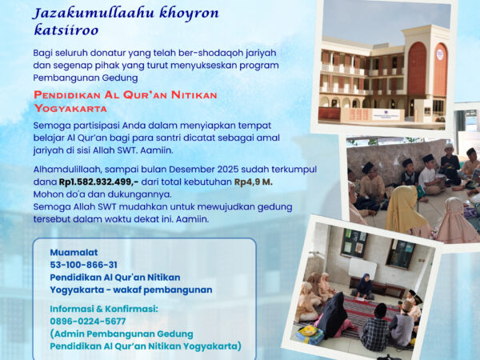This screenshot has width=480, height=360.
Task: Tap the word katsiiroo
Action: pos(66,30)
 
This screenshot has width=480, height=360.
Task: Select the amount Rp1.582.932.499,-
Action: pos(98,182)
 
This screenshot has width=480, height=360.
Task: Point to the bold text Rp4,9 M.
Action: pos(254,182)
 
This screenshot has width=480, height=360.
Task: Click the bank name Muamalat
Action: pos(74,252)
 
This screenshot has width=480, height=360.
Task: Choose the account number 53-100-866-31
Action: pos(83,265)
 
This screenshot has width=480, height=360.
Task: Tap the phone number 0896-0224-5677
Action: pos(88,321)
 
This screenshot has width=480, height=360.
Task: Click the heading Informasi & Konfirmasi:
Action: pos(104,309)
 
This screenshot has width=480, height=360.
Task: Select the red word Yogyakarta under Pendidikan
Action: pos(70,108)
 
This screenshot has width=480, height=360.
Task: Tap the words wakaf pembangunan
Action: pos(162,290)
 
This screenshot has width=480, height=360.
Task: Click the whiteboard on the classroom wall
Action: pos(362,269)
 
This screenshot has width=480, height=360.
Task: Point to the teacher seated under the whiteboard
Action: pos(364,286)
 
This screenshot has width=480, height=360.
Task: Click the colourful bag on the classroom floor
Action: pos(310,335)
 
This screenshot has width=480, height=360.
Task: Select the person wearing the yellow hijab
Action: pos(406,211)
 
